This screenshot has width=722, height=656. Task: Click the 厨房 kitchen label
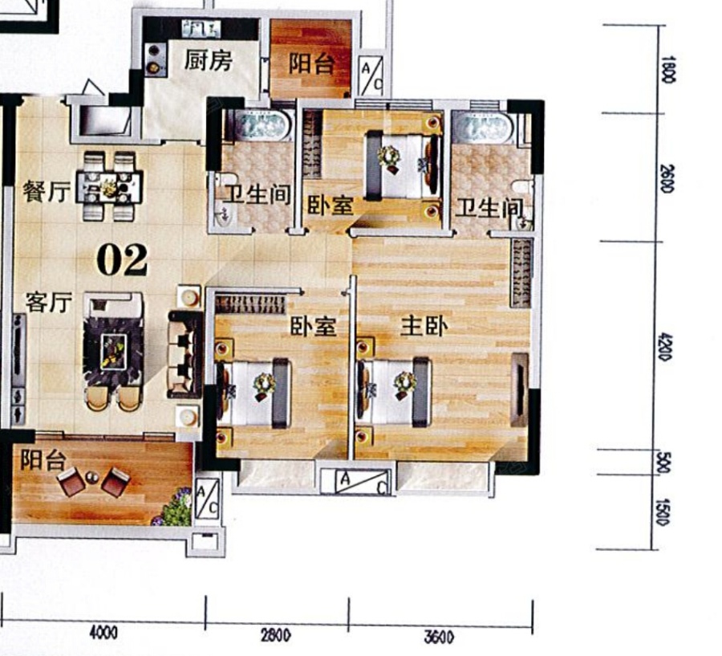coord(208,60)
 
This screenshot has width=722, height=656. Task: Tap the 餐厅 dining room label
coord(47,191)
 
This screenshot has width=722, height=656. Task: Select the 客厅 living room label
coord(49,303)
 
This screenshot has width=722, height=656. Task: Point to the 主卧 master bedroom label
coord(424,326)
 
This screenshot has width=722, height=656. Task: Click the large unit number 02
coord(123,260)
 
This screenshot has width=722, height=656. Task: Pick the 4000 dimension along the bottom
coord(103,633)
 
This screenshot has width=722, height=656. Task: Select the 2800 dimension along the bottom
coord(276,635)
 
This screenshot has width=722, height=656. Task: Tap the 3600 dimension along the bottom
coord(439,637)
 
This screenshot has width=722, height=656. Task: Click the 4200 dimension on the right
coord(666,348)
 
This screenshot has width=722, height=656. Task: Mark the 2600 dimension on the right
coord(667,178)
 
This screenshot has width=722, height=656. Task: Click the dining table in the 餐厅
coord(110,187)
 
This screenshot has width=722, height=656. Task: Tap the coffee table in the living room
coord(114,352)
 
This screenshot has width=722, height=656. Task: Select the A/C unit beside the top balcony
coord(371,75)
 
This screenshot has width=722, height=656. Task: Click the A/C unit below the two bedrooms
coord(362,482)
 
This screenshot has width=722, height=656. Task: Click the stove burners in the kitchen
coord(154,59)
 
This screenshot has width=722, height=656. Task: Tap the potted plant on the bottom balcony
coord(176,507)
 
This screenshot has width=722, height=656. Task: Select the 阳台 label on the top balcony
coord(311,63)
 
